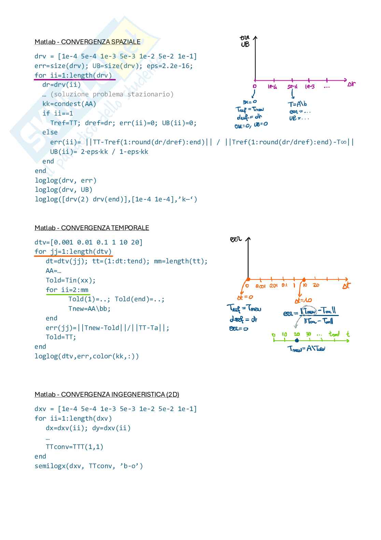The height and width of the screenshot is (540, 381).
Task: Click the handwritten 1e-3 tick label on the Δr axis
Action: click(310, 87)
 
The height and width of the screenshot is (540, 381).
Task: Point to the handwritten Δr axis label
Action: click(351, 84)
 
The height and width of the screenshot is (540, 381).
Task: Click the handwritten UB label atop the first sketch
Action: click(245, 44)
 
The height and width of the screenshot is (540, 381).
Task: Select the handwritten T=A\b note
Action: click(297, 104)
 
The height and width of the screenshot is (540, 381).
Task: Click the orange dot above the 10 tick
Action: click(304, 279)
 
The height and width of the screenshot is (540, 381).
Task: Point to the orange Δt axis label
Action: click(346, 286)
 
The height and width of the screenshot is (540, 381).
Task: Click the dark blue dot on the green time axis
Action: click(297, 340)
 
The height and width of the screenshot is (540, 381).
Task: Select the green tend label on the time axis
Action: click(334, 334)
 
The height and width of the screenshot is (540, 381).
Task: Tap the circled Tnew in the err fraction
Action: click(310, 311)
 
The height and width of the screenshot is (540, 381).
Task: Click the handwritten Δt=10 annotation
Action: click(303, 300)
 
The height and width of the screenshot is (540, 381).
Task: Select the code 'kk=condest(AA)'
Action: click(69, 104)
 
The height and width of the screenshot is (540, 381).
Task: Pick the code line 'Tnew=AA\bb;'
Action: click(89, 308)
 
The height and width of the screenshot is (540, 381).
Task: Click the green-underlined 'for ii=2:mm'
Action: click(67, 290)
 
